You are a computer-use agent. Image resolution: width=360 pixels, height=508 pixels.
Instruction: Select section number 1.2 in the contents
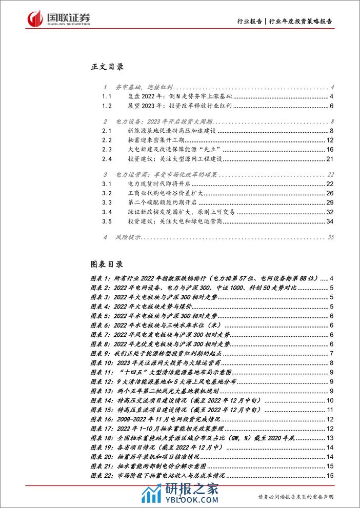point(107,106)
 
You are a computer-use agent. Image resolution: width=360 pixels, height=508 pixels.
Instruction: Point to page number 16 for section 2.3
point(330,149)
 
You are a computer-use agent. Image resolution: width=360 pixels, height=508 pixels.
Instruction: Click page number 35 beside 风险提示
point(330,237)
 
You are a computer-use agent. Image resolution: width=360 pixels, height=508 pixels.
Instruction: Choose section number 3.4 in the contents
point(107,212)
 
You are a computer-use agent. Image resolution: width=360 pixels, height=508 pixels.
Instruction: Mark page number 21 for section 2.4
point(330,159)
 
